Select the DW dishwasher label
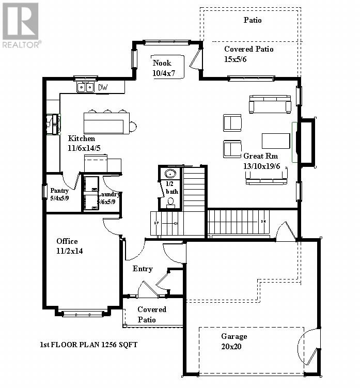[103, 88]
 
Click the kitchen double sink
[86, 88]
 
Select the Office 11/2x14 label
[70, 246]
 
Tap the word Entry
[143, 269]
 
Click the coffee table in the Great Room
[276, 141]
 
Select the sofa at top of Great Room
[270, 104]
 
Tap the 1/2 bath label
[172, 188]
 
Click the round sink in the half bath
[170, 174]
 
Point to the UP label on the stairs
[156, 223]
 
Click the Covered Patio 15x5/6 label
[248, 54]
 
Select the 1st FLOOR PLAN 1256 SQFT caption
[89, 345]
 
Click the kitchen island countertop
[104, 123]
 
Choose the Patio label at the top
[253, 20]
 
